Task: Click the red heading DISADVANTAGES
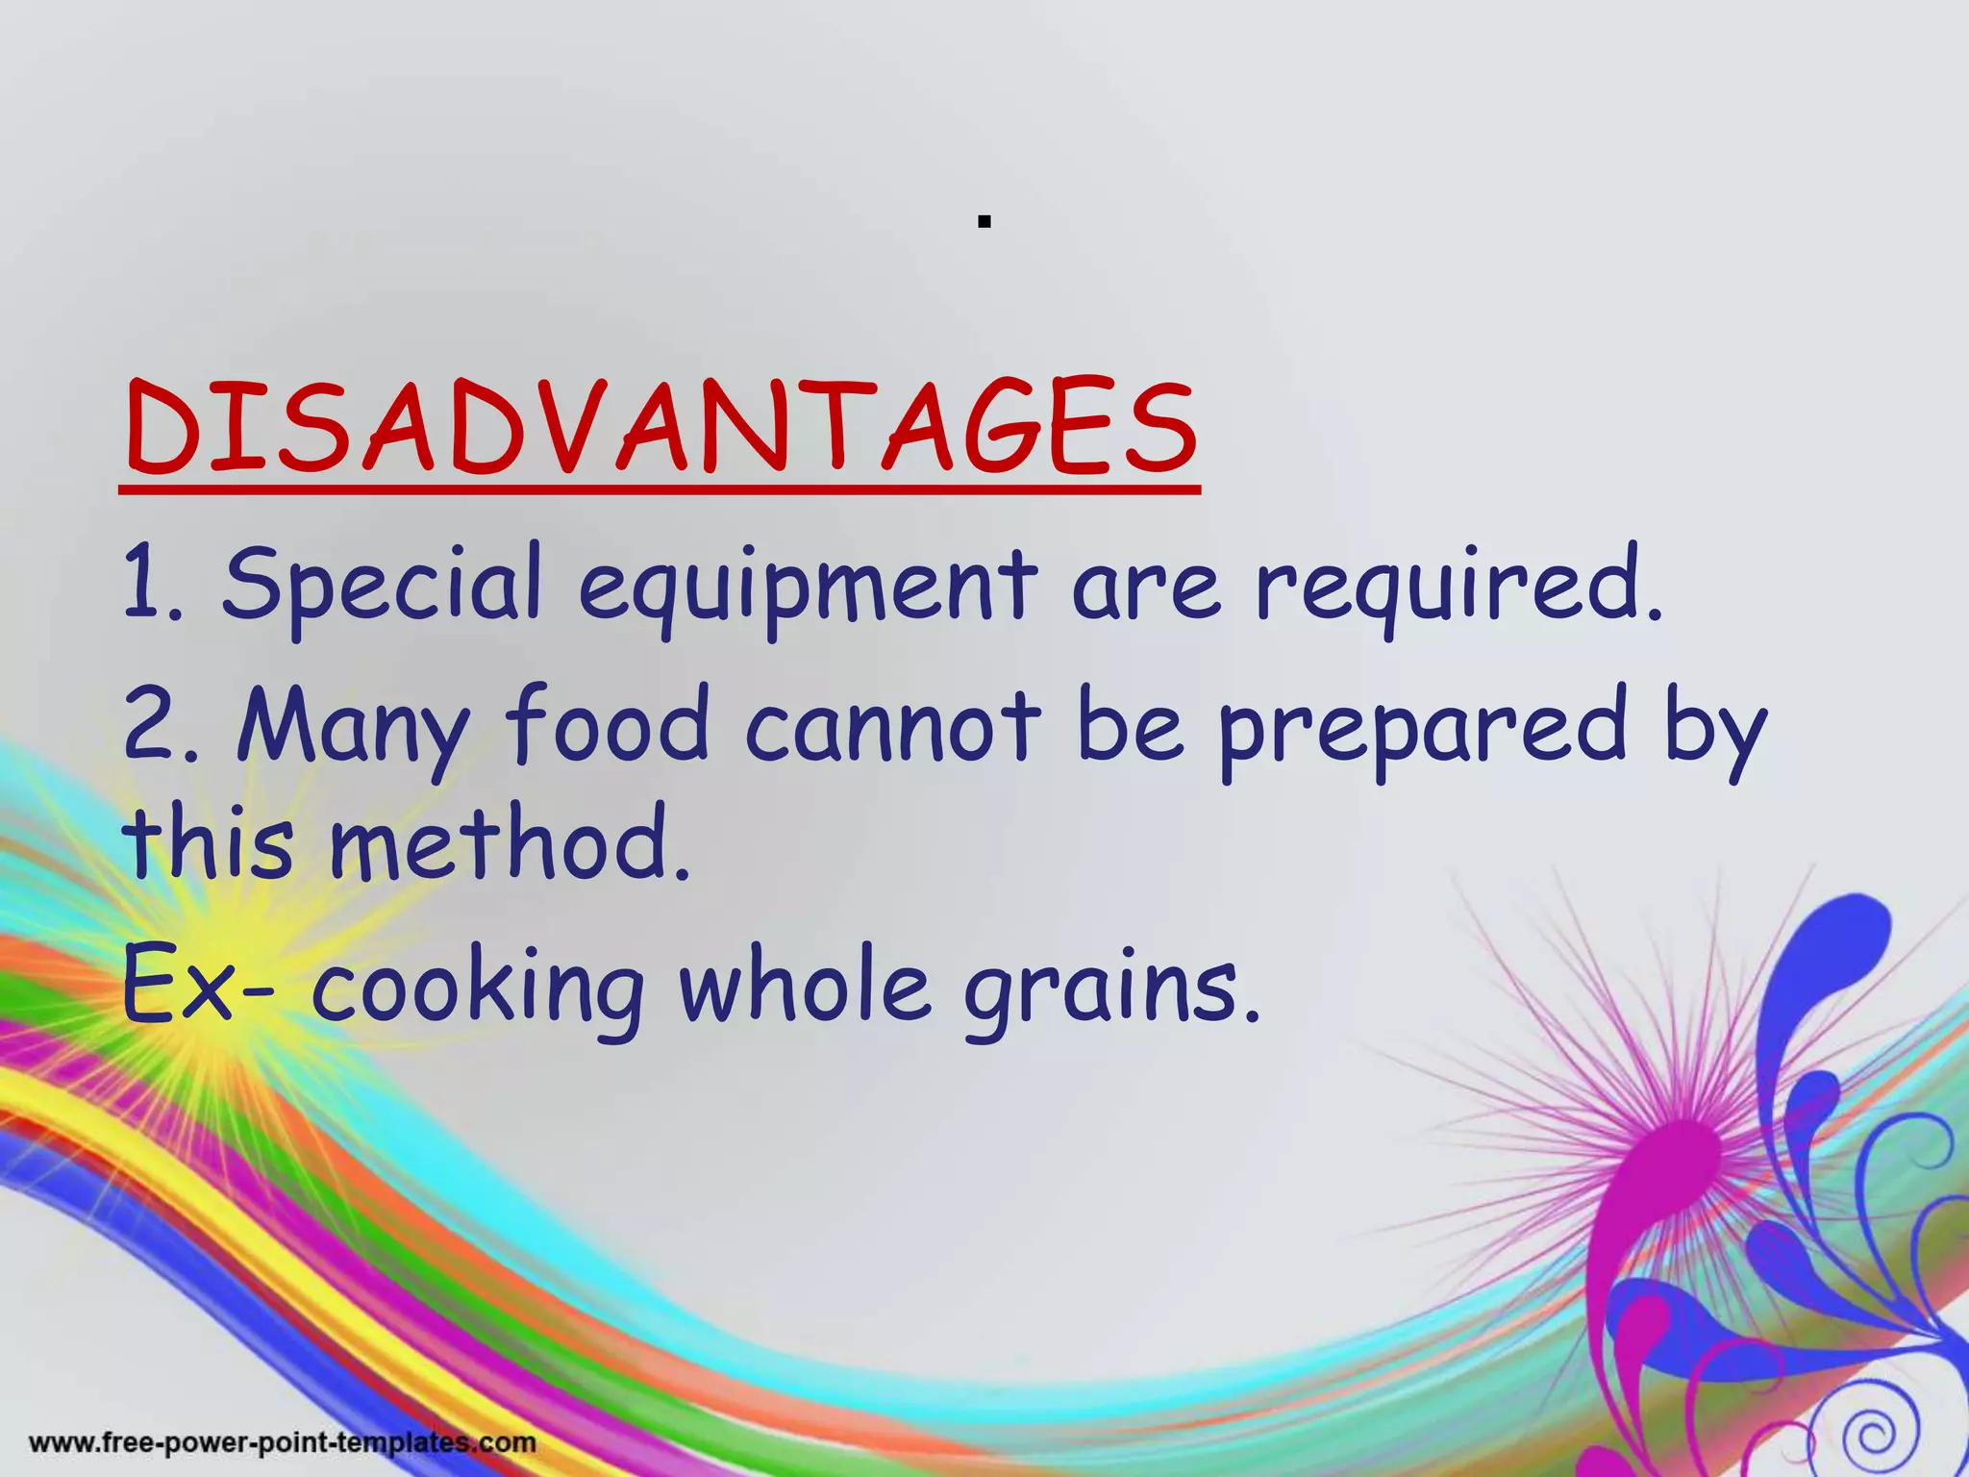[x=661, y=429]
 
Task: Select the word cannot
[x=893, y=726]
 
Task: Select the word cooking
[x=477, y=992]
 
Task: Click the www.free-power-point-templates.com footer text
[x=283, y=1443]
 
